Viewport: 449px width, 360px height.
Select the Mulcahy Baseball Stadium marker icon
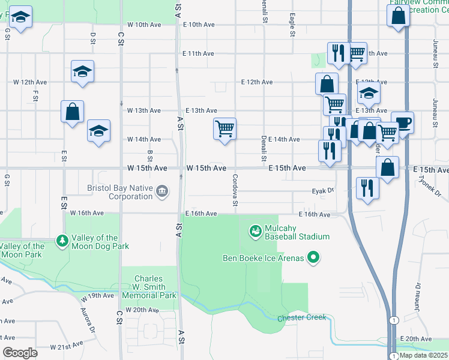(255, 230)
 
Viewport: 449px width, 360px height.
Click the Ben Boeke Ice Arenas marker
(313, 259)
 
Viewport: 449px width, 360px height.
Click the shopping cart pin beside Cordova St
(224, 128)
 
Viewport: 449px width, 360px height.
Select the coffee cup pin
(402, 122)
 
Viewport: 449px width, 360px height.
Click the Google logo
(20, 353)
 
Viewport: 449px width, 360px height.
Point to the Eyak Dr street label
(322, 191)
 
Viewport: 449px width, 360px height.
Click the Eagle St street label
(292, 25)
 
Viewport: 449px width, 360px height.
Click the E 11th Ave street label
(198, 53)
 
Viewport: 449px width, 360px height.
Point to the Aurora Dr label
(88, 320)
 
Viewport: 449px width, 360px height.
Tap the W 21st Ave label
(66, 347)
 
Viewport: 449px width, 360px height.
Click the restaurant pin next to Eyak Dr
(366, 188)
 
